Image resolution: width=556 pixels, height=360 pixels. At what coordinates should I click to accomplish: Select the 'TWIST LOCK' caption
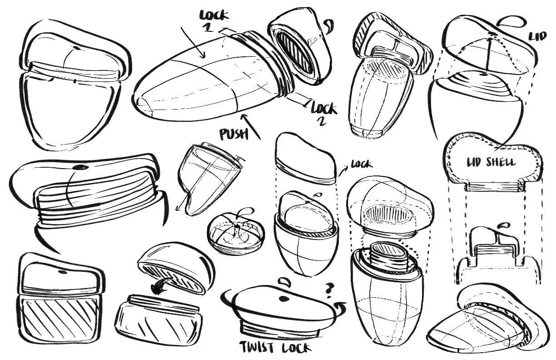tap(275, 348)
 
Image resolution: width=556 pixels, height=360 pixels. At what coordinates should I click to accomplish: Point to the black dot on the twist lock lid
tap(283, 298)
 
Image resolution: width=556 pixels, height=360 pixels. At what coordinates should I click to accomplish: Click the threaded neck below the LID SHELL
tap(493, 187)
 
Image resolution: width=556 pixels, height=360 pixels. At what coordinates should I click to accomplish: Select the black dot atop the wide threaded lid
tap(81, 168)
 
